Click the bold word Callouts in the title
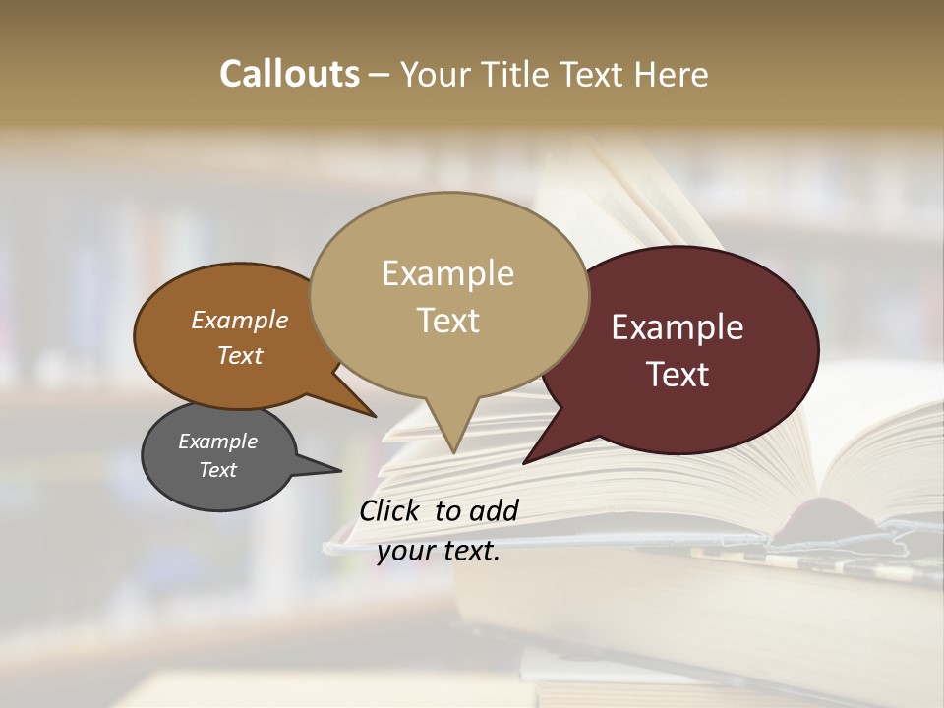(x=289, y=74)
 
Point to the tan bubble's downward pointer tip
(x=452, y=449)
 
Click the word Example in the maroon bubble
(x=678, y=327)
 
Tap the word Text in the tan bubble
(x=448, y=321)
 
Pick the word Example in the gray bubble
(x=217, y=442)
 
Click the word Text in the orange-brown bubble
(x=240, y=356)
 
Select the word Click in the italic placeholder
(x=391, y=510)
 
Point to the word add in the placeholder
(x=494, y=510)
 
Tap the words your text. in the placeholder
(x=439, y=551)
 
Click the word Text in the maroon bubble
(x=678, y=375)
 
